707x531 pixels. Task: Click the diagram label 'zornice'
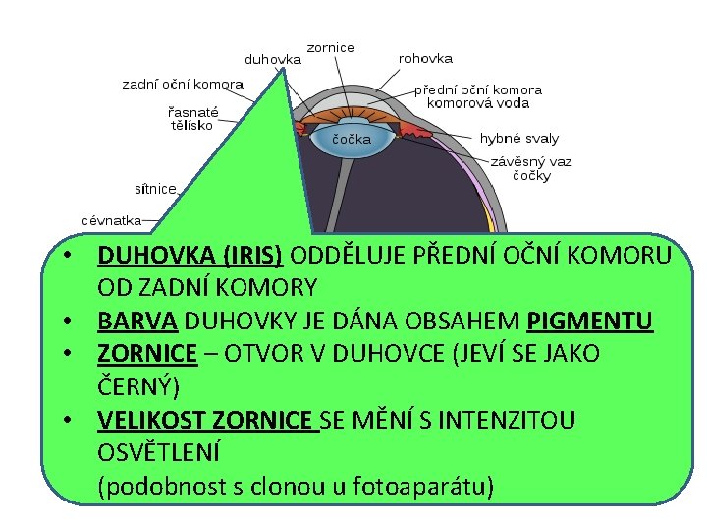pyautogui.click(x=331, y=47)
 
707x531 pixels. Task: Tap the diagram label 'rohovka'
pyautogui.click(x=425, y=59)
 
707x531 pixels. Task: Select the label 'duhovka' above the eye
pyautogui.click(x=272, y=59)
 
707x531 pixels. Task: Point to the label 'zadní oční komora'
pyautogui.click(x=183, y=85)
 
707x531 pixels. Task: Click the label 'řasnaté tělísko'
pyautogui.click(x=192, y=119)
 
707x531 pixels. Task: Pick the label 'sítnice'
pyautogui.click(x=155, y=188)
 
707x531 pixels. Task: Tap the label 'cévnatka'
pyautogui.click(x=111, y=220)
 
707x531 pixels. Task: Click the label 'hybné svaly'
pyautogui.click(x=519, y=139)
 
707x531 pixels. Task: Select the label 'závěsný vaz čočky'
pyautogui.click(x=531, y=169)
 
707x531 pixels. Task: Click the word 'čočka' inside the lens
pyautogui.click(x=352, y=139)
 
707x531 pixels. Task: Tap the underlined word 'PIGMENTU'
pyautogui.click(x=589, y=321)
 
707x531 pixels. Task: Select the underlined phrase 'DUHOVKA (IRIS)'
pyautogui.click(x=190, y=256)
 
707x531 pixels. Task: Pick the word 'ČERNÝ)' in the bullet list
pyautogui.click(x=137, y=385)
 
